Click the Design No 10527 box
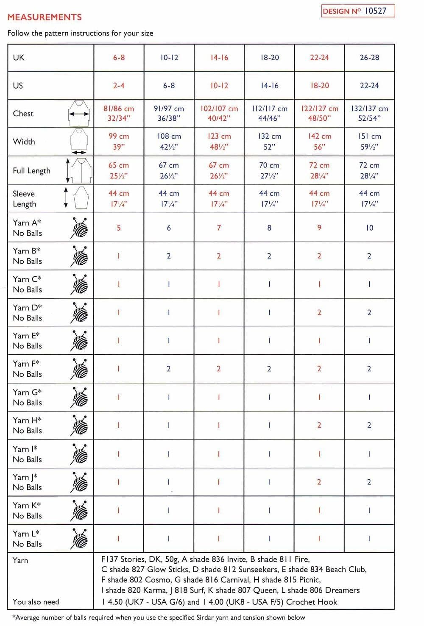(358, 11)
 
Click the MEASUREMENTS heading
(45, 17)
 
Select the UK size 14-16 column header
(219, 58)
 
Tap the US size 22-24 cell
(369, 86)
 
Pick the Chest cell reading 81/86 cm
(119, 113)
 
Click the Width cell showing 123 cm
(219, 142)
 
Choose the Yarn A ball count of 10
(369, 228)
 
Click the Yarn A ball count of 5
(119, 228)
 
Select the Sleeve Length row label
(25, 199)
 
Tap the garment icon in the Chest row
(78, 113)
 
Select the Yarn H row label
(28, 426)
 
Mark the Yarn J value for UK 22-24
(319, 482)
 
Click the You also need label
(36, 602)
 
